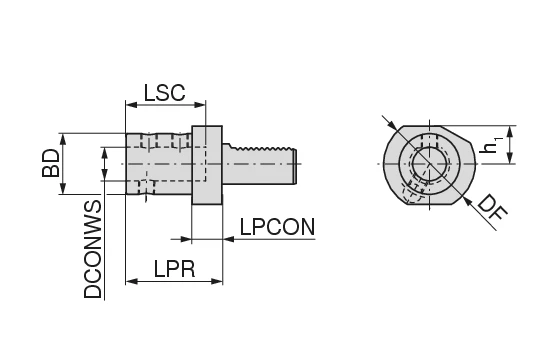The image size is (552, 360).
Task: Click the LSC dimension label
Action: click(165, 92)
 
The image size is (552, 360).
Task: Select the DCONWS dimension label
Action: click(93, 250)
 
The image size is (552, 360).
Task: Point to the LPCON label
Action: click(277, 227)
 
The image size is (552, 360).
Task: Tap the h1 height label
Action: click(490, 145)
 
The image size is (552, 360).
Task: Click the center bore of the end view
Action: click(428, 163)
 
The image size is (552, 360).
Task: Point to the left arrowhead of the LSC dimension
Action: click(130, 104)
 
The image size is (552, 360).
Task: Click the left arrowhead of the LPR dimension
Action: click(130, 282)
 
